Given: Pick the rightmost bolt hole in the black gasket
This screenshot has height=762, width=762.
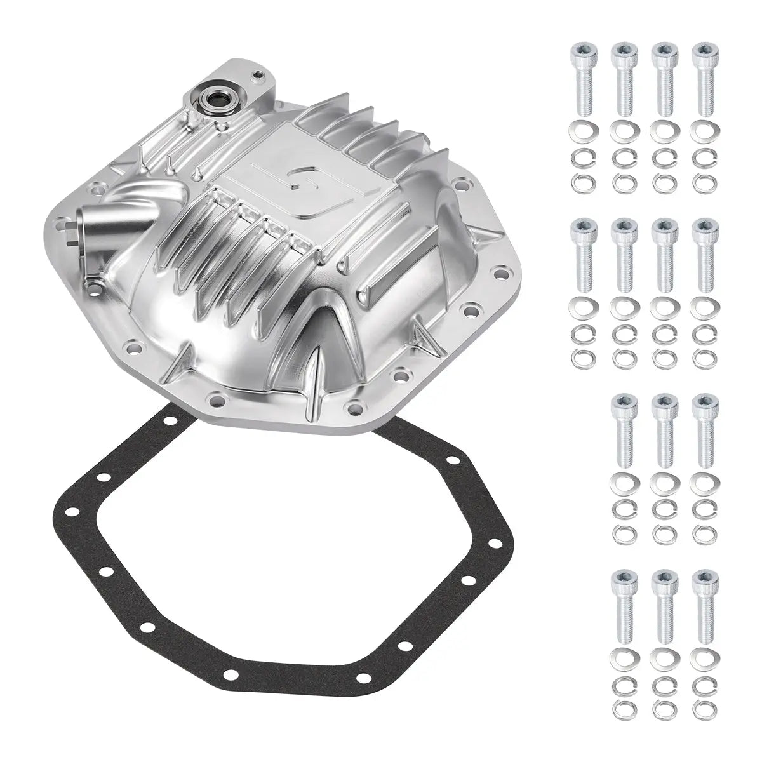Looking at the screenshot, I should [468, 580].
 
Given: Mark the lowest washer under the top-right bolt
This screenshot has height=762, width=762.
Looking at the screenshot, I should [702, 182].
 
